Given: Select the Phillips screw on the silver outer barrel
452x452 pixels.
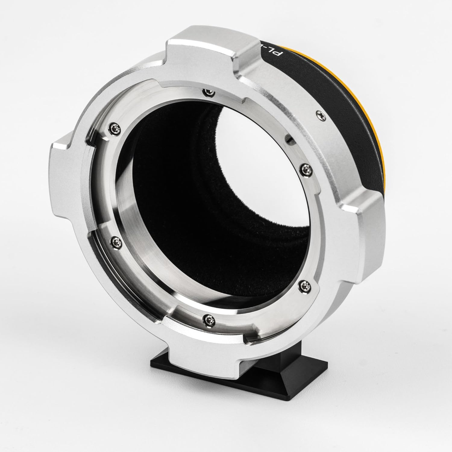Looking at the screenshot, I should pos(319,114).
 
